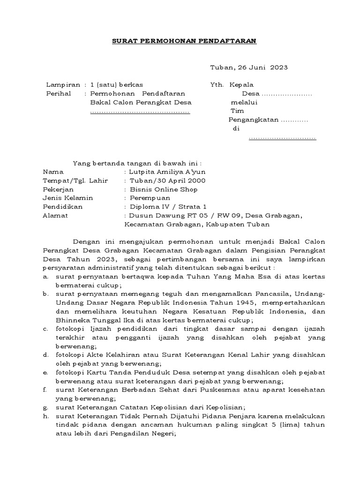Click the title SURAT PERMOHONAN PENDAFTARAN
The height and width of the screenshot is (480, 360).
click(x=184, y=41)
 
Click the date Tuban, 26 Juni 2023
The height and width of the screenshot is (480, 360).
click(x=248, y=67)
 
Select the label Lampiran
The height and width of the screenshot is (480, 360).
click(x=60, y=85)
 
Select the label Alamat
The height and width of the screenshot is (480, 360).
click(x=55, y=215)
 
